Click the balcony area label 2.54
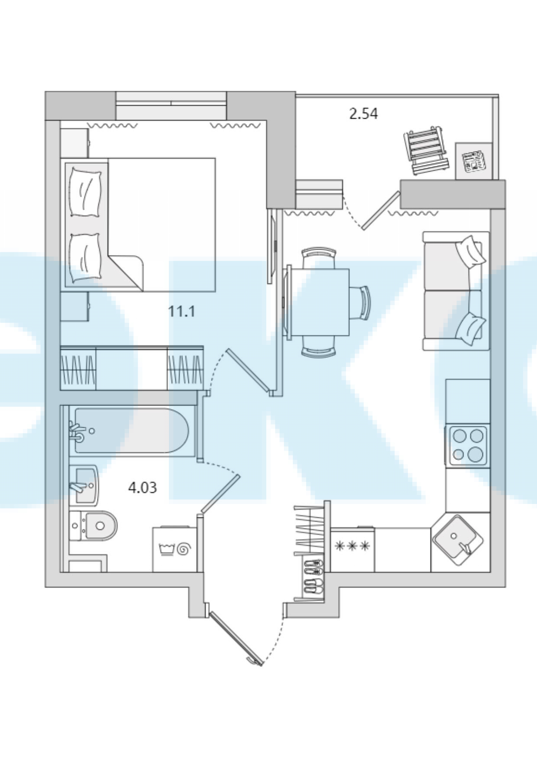(x=363, y=114)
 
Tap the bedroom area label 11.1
(x=182, y=311)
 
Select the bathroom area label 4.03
(x=142, y=488)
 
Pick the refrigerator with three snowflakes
(x=353, y=549)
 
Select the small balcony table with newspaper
(x=474, y=161)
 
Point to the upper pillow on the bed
(x=86, y=192)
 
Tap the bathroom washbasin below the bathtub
(x=84, y=485)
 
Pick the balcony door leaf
(x=381, y=210)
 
